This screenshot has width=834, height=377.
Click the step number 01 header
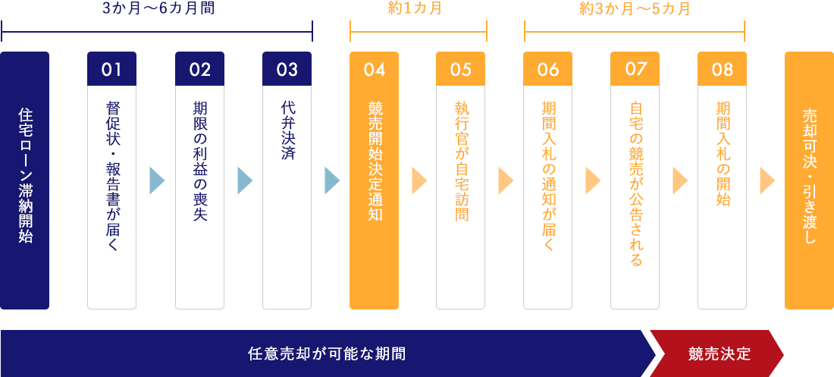[111, 69]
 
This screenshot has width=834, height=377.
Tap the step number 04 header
[374, 69]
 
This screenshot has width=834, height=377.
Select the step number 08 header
[722, 69]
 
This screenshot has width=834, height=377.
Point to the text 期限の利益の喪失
[199, 162]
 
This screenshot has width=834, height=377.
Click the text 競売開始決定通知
[374, 162]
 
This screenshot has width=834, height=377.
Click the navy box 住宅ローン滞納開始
[25, 180]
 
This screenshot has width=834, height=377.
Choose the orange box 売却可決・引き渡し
[809, 180]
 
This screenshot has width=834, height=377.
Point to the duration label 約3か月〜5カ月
[635, 10]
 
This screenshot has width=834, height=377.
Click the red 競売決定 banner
[719, 353]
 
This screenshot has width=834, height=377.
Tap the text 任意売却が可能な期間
[326, 353]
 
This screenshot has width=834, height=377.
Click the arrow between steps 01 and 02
[156, 181]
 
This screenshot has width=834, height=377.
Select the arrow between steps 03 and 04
[331, 181]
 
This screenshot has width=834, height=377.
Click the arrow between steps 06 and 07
[592, 181]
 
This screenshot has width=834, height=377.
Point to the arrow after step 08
[767, 181]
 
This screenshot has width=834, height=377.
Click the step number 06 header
[547, 69]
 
